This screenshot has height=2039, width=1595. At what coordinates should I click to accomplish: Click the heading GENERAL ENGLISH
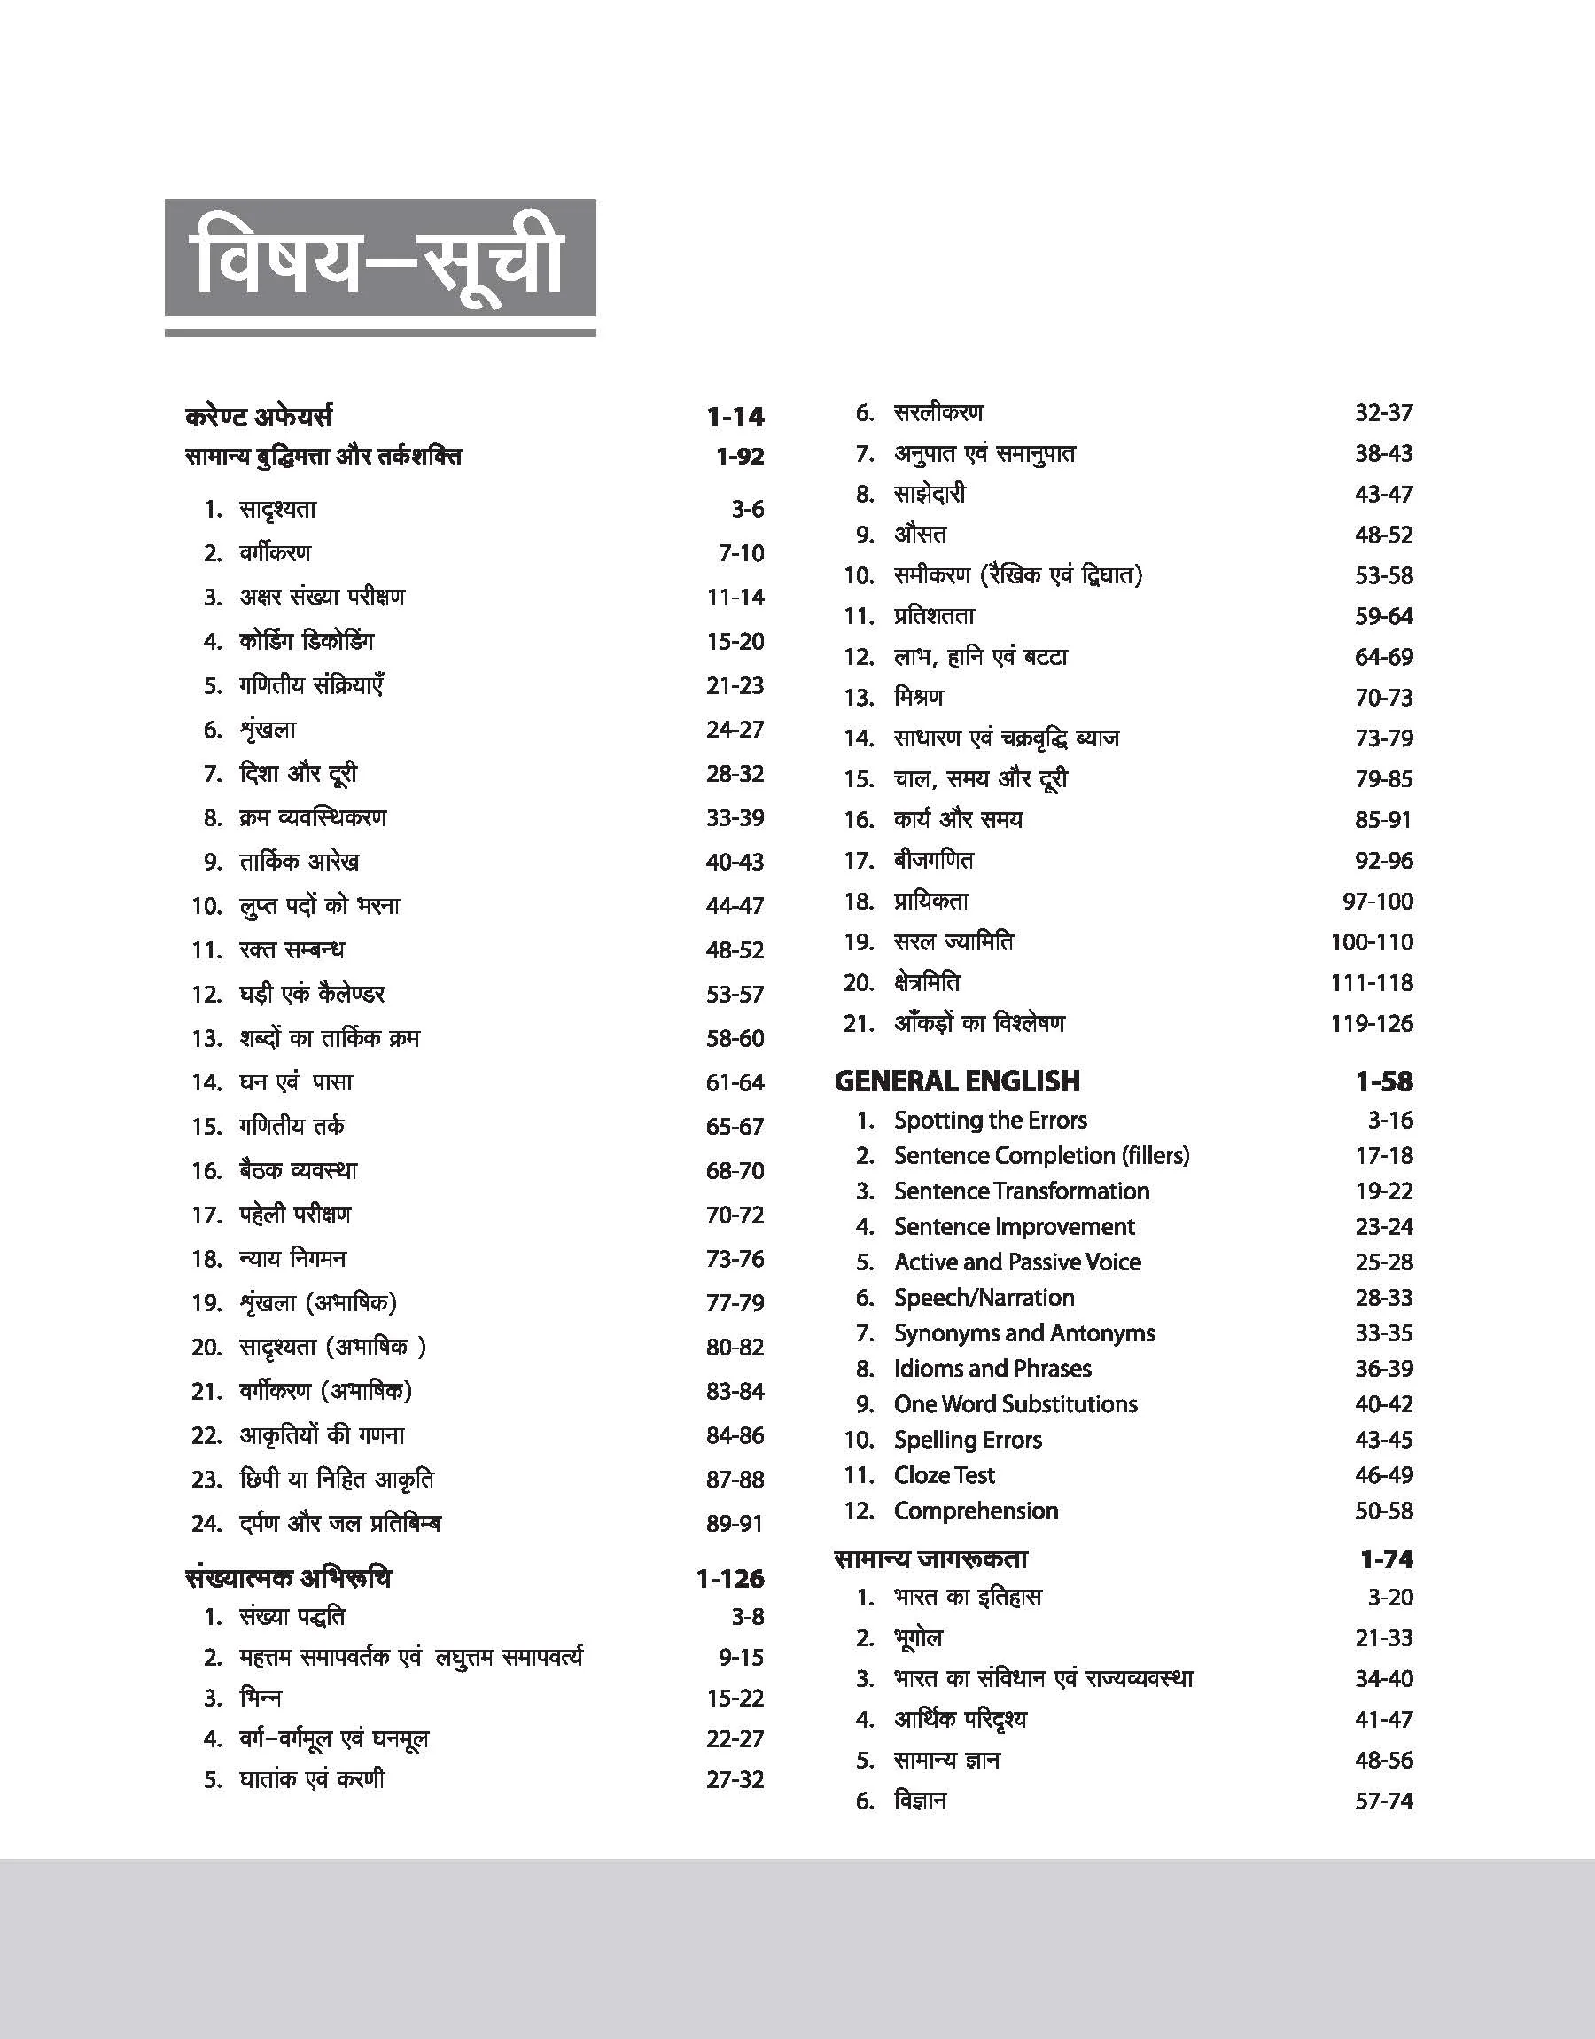pos(956,1081)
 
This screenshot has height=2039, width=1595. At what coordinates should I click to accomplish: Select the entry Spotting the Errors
pos(990,1119)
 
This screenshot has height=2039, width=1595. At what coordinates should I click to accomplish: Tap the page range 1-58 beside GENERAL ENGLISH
pos(1383,1081)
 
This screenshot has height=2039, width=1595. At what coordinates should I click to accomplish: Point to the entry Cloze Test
pos(944,1474)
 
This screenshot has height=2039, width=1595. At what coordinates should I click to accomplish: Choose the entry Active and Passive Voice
pos(1017,1261)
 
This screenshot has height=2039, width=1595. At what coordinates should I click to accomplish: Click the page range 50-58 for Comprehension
pos(1383,1510)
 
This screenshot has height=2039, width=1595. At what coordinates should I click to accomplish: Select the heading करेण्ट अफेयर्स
pos(259,416)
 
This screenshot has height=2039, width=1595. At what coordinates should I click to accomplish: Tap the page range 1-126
pos(729,1578)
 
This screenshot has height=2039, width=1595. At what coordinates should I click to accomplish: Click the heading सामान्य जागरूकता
pos(930,1558)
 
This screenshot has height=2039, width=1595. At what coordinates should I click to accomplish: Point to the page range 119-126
pos(1371,1023)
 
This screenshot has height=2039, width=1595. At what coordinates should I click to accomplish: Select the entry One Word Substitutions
pos(1015,1403)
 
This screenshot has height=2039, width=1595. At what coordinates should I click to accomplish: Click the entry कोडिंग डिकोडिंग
pos(307,641)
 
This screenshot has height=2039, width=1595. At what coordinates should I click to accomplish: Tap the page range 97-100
pos(1377,901)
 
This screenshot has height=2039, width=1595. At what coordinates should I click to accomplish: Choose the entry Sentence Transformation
pos(1021,1190)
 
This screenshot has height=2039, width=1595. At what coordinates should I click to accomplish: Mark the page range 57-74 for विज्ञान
pos(1383,1800)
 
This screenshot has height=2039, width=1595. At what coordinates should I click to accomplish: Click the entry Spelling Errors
pos(968,1439)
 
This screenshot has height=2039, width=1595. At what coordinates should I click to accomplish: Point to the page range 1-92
pos(739,456)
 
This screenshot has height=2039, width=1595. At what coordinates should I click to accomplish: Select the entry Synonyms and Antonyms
pos(1023,1332)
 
